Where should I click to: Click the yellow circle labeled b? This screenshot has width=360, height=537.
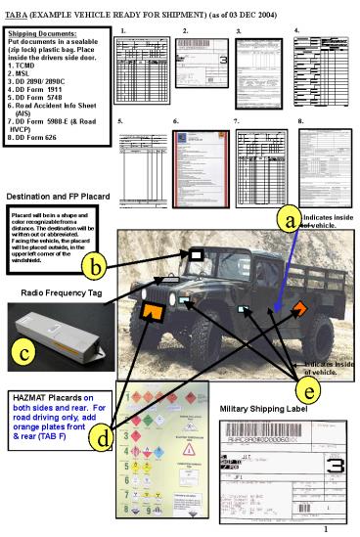(94, 264)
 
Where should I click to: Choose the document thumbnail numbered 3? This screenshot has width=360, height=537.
(257, 72)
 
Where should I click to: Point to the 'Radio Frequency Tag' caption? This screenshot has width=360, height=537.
(62, 291)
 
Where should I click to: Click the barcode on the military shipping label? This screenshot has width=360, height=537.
(272, 438)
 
